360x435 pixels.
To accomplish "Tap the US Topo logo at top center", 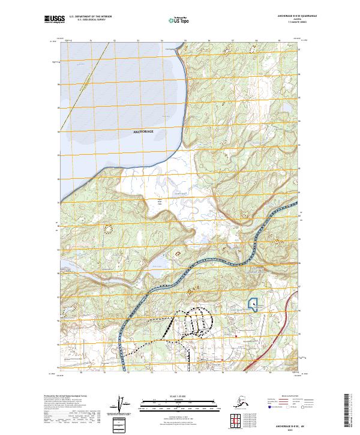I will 176,20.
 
